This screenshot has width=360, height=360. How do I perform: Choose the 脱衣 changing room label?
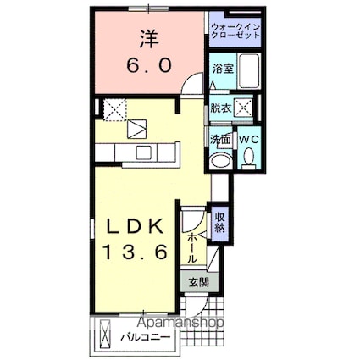click(x=220, y=108)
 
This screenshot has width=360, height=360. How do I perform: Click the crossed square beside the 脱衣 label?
click(x=244, y=108)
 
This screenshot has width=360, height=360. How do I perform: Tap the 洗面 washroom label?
click(x=219, y=140)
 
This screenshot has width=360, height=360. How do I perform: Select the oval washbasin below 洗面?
click(x=219, y=160)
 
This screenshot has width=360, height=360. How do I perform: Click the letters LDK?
click(x=140, y=227)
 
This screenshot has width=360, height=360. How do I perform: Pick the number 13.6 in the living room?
click(x=140, y=252)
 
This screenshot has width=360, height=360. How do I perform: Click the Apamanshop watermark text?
click(x=176, y=323)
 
